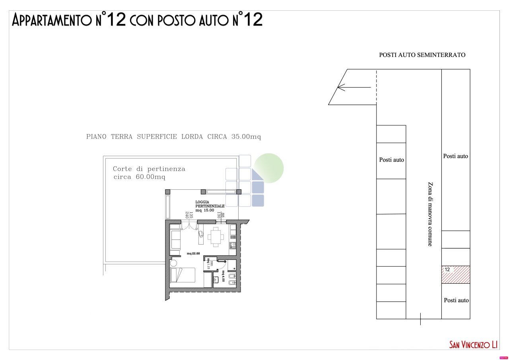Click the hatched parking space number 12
456,274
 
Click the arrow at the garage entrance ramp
354,87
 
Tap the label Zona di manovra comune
430,214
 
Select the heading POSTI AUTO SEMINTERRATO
422,55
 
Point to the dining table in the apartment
215,237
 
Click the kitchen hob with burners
233,245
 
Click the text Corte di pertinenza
149,169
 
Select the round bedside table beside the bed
173,263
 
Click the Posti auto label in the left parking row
391,160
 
